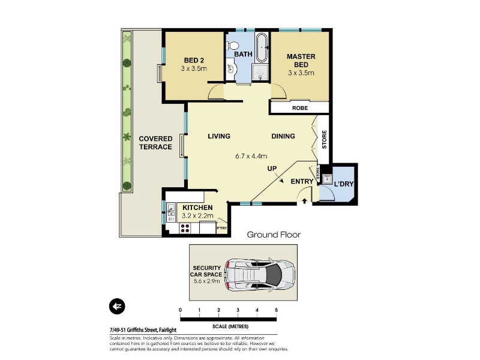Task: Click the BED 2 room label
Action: pyautogui.click(x=194, y=61)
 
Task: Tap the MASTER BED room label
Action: pyautogui.click(x=301, y=61)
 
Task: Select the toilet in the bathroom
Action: pyautogui.click(x=233, y=46)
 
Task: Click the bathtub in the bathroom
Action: pyautogui.click(x=262, y=47)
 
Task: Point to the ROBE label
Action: pyautogui.click(x=300, y=108)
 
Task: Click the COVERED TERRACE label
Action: pyautogui.click(x=155, y=143)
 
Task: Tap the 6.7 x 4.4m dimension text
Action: pyautogui.click(x=251, y=156)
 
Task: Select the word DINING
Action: pyautogui.click(x=283, y=136)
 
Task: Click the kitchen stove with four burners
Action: pyautogui.click(x=185, y=229)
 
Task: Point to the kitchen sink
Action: pyautogui.click(x=171, y=212)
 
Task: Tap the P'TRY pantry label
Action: pyautogui.click(x=221, y=228)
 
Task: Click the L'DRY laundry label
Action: pyautogui.click(x=344, y=184)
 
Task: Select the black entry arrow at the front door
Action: pyautogui.click(x=305, y=201)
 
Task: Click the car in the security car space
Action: pyautogui.click(x=260, y=274)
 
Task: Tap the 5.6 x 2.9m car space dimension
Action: pyautogui.click(x=206, y=281)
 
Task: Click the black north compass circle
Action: pyautogui.click(x=117, y=306)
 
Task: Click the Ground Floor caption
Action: pyautogui.click(x=274, y=235)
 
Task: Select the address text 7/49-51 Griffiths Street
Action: pyautogui.click(x=134, y=330)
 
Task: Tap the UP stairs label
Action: pyautogui.click(x=272, y=169)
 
